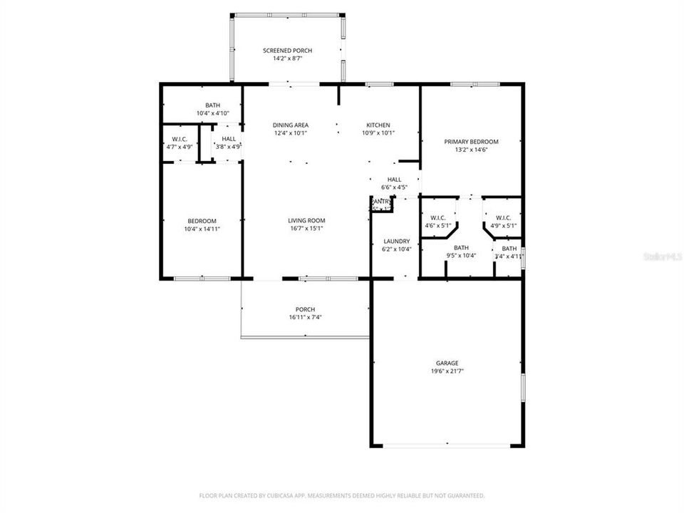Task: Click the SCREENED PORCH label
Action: point(287,51)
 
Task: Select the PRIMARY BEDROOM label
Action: point(471,142)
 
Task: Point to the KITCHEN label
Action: point(378,125)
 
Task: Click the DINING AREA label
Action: point(291,125)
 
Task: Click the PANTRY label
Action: point(382,202)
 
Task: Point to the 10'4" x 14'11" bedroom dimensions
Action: point(202,229)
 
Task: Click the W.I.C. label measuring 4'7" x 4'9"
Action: point(179,139)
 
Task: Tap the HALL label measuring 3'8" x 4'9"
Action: point(229,139)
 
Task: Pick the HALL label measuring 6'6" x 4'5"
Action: point(394,180)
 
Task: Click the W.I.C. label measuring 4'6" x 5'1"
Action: point(437,218)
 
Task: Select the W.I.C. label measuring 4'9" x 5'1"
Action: point(503,218)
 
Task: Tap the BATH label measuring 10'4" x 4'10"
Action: point(212,105)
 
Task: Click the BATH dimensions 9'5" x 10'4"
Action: point(461,255)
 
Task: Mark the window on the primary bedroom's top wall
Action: point(475,84)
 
